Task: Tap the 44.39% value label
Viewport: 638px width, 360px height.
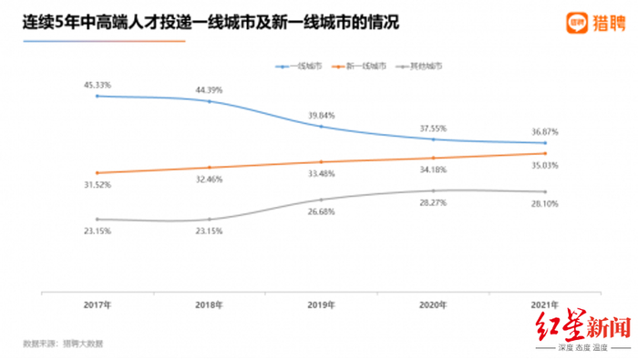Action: [x=209, y=89]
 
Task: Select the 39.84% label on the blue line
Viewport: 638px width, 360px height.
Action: [x=322, y=115]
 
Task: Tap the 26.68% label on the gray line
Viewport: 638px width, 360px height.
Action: [x=322, y=212]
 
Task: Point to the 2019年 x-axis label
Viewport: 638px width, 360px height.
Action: [x=322, y=303]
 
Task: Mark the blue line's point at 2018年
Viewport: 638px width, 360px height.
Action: [x=209, y=101]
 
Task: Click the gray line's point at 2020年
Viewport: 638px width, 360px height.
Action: [x=435, y=190]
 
